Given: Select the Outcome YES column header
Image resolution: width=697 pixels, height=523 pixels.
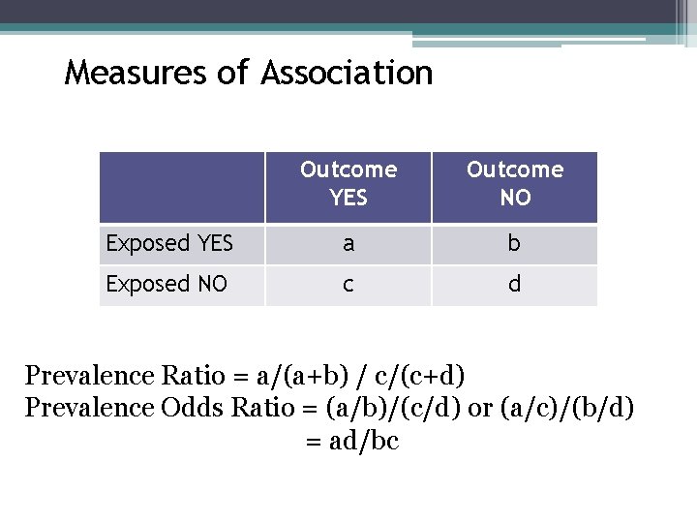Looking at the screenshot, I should [x=348, y=184].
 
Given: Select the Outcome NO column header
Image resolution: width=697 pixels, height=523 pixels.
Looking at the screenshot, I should [x=514, y=184].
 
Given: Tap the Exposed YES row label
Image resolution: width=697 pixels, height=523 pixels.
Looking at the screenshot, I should [x=170, y=244].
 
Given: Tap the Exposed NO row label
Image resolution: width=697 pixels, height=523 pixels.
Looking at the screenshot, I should [x=167, y=284].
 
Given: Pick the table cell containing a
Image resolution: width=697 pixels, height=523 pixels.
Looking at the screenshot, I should [x=348, y=244].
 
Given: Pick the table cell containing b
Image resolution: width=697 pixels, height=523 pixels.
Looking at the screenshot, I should [x=514, y=244].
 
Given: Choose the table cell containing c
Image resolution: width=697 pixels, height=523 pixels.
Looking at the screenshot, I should [x=348, y=284].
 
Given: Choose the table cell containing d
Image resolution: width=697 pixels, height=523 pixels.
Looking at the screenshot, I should [x=514, y=284].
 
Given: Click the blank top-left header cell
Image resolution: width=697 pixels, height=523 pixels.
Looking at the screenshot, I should [x=182, y=187].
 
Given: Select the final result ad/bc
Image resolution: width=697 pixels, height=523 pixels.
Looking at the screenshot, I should [x=364, y=442].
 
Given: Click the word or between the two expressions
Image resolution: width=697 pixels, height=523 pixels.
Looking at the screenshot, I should [x=479, y=408].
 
